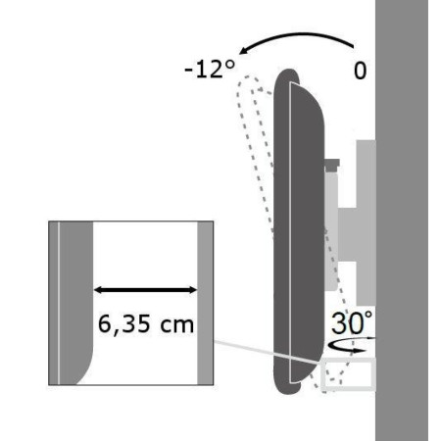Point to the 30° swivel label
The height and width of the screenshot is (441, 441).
click(x=353, y=321)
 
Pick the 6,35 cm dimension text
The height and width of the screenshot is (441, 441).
click(x=146, y=324)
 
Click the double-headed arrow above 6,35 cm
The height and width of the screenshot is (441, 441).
click(x=146, y=289)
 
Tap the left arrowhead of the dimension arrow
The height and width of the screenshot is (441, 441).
click(x=99, y=289)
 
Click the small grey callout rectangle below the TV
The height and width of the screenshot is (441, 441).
click(x=348, y=374)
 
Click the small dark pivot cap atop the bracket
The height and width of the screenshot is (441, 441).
click(x=333, y=162)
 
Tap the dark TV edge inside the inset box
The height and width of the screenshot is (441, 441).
click(x=73, y=294)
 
